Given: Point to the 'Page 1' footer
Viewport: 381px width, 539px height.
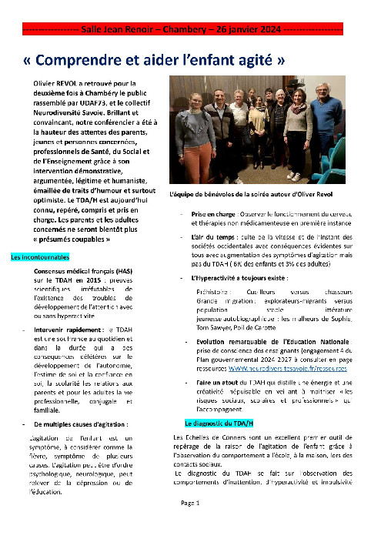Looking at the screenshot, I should [190, 524].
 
